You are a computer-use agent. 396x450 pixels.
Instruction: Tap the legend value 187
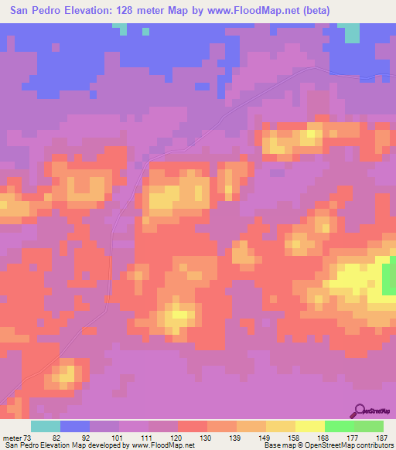(381, 438)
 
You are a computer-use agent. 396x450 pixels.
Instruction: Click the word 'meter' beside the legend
(13, 438)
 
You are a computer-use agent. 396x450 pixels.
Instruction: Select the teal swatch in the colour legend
(45, 426)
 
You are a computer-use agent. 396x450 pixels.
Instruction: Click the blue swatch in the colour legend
(74, 426)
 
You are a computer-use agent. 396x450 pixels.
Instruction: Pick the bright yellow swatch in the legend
(309, 426)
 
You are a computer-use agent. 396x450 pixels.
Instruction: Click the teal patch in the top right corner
(352, 32)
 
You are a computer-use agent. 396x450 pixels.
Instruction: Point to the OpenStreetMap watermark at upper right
(375, 77)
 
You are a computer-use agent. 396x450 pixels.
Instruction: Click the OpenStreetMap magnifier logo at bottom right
(359, 411)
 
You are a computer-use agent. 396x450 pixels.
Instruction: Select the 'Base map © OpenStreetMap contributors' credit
(326, 445)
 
